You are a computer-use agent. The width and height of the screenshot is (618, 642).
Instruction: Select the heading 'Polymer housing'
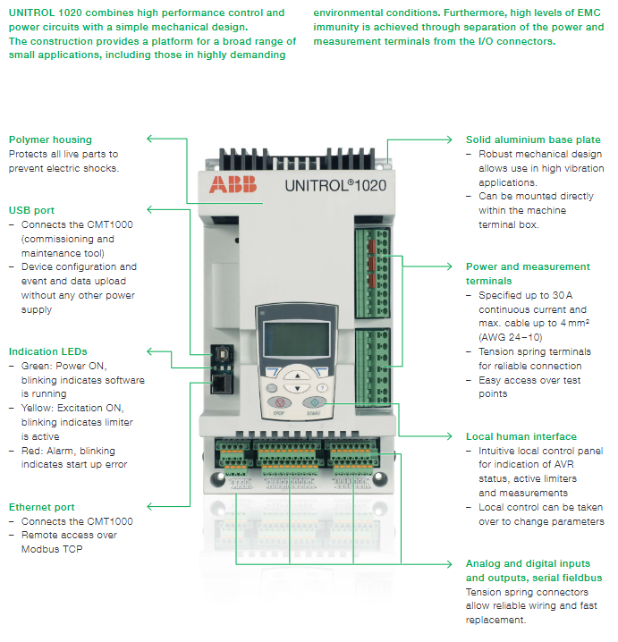coord(50,139)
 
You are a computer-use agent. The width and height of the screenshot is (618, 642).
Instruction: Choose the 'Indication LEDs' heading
coord(48,352)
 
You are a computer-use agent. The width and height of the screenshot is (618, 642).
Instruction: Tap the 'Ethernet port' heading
coord(41,507)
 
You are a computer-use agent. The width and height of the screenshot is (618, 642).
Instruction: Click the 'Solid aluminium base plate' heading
coord(533,139)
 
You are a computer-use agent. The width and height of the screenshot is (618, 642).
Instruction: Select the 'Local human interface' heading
coord(521,436)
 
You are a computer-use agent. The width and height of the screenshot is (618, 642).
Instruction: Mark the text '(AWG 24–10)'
coord(511,337)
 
